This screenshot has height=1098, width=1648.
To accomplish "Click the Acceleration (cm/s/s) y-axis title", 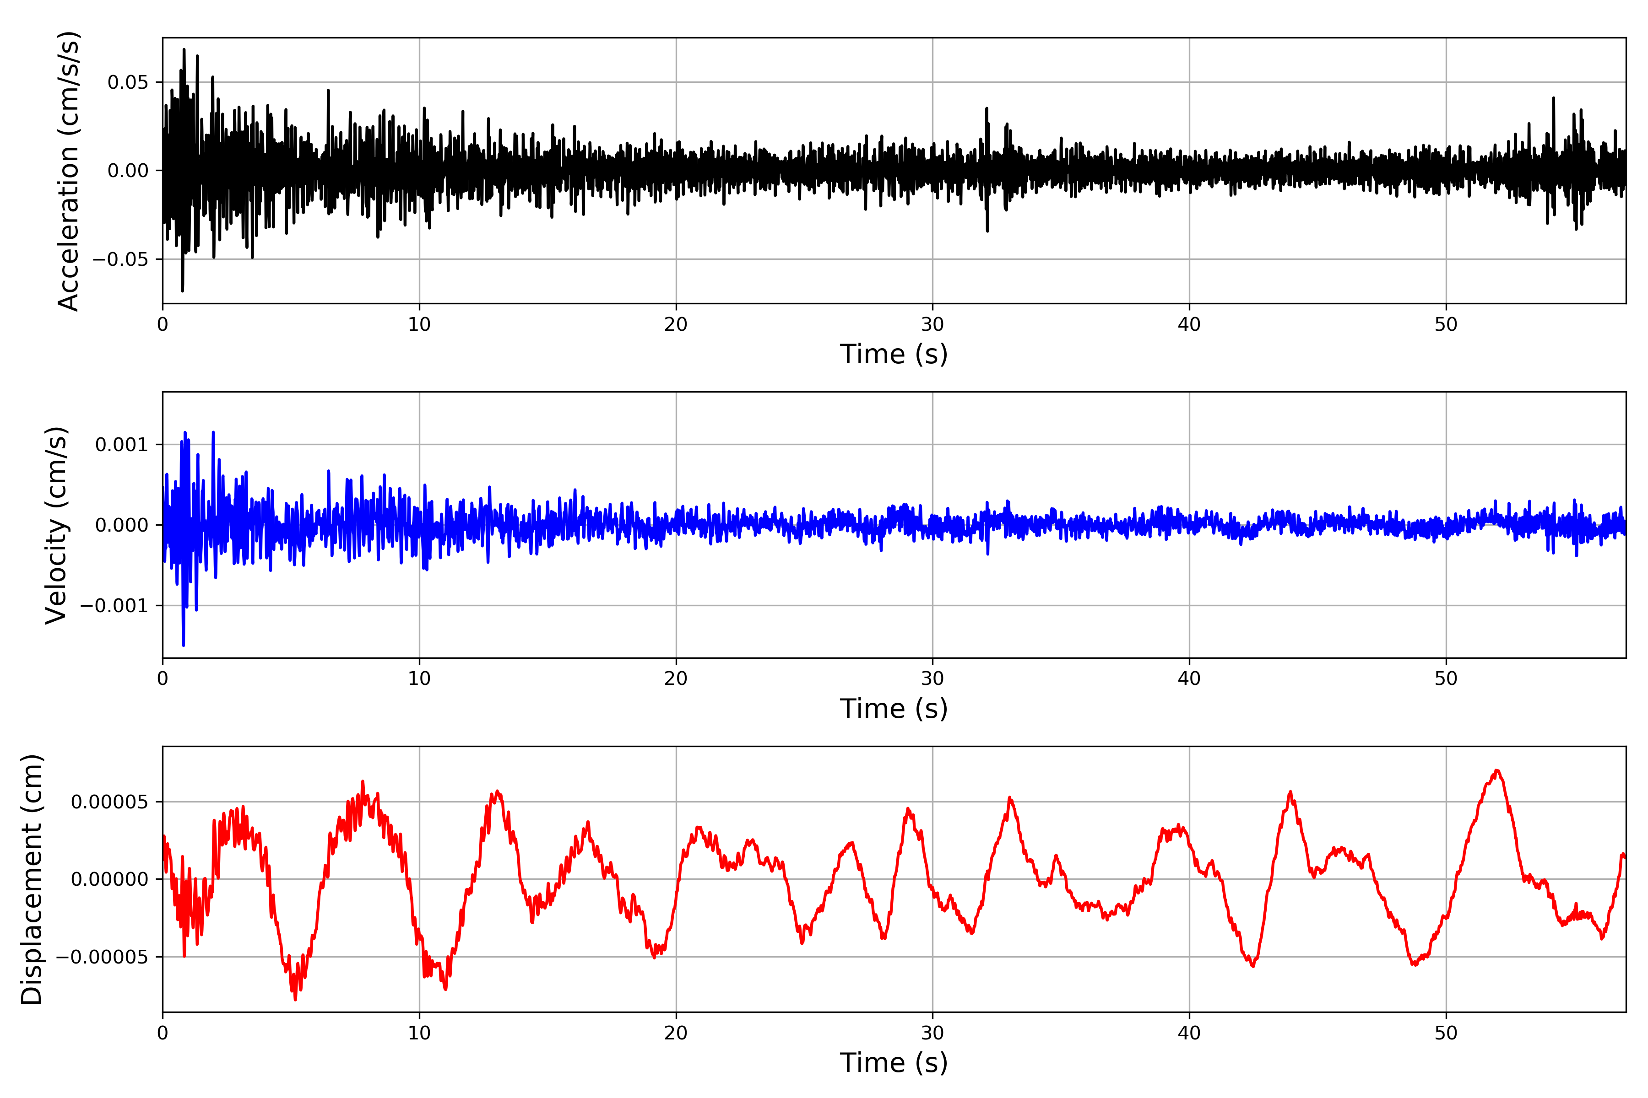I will (69, 171).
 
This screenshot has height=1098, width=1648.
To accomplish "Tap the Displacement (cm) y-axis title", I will (32, 879).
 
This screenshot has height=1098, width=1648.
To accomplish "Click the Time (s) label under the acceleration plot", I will (894, 354).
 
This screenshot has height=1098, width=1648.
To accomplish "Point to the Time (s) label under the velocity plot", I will (894, 709).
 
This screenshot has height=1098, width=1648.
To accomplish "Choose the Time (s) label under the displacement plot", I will (894, 1063).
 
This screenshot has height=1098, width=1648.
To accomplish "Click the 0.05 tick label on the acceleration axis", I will (128, 83).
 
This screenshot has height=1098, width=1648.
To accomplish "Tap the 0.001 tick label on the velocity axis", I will (121, 445).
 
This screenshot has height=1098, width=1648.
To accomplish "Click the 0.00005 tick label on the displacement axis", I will (109, 802).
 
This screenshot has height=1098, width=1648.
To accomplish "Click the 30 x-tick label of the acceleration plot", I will (932, 325).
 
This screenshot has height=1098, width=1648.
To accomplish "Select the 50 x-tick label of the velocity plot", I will (1446, 678).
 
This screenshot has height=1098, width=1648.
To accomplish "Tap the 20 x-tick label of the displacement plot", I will (676, 1033).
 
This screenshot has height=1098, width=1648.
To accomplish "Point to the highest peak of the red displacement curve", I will (1496, 770).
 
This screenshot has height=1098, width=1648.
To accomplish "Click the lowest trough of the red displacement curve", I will (295, 999).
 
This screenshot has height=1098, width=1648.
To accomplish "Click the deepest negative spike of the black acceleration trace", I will (182, 291).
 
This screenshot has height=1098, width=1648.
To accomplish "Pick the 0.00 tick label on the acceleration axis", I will (128, 171).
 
